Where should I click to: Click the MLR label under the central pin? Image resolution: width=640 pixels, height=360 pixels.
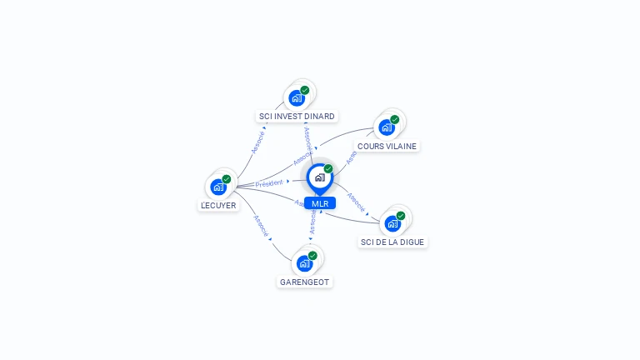320,203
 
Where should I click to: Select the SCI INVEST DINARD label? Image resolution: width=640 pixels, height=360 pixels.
297,116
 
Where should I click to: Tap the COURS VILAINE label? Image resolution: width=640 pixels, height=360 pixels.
387,146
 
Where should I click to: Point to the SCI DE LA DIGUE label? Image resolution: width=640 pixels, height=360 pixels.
392,242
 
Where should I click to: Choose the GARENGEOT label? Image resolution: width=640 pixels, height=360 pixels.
305,282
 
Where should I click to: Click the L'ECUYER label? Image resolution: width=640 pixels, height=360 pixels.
218,205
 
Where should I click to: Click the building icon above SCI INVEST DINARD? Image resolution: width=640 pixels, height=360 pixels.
297,97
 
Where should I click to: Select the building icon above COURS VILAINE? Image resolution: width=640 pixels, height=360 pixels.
387,127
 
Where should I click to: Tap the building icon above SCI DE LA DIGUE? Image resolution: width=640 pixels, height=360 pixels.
392,223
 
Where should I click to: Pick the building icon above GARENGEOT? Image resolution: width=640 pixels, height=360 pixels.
304,263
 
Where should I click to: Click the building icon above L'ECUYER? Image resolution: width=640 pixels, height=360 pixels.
218,187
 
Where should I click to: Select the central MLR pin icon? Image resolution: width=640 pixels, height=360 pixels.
319,177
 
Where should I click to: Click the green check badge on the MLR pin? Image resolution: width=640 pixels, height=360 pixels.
328,168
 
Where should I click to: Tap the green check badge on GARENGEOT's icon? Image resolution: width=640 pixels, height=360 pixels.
312,256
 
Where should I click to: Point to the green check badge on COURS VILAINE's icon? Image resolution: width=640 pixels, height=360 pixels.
395,119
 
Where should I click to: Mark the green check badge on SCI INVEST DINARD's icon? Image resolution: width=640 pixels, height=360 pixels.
305,90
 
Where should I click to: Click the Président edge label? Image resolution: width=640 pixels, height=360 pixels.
269,182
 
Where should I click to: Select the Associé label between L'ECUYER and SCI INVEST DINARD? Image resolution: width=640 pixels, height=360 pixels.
257,142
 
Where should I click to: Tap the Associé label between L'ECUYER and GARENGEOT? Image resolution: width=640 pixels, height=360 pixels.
260,227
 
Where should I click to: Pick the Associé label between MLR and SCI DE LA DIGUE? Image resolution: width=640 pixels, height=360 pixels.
356,202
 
